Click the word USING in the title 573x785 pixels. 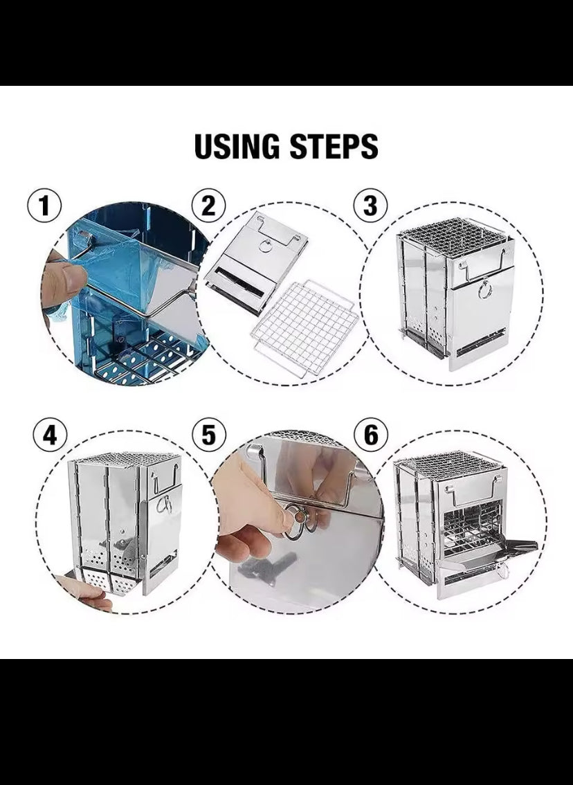tap(237, 146)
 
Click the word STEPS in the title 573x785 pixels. tap(334, 146)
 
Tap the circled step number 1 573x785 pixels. tap(44, 206)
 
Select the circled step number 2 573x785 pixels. tap(209, 206)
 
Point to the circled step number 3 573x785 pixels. tap(370, 206)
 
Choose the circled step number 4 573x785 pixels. tap(50, 435)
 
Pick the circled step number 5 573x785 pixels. tap(209, 435)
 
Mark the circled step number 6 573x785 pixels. tap(371, 435)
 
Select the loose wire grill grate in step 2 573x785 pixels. tap(304, 328)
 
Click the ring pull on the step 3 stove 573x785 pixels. tap(484, 290)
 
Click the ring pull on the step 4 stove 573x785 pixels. tap(164, 505)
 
